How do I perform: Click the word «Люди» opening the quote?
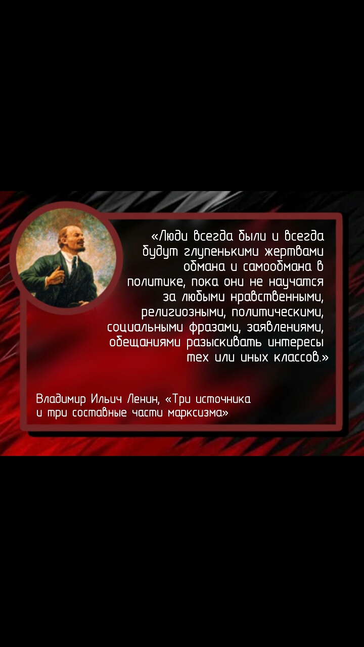click(x=173, y=236)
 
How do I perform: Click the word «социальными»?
click(x=145, y=328)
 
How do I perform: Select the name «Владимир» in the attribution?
click(x=61, y=399)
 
